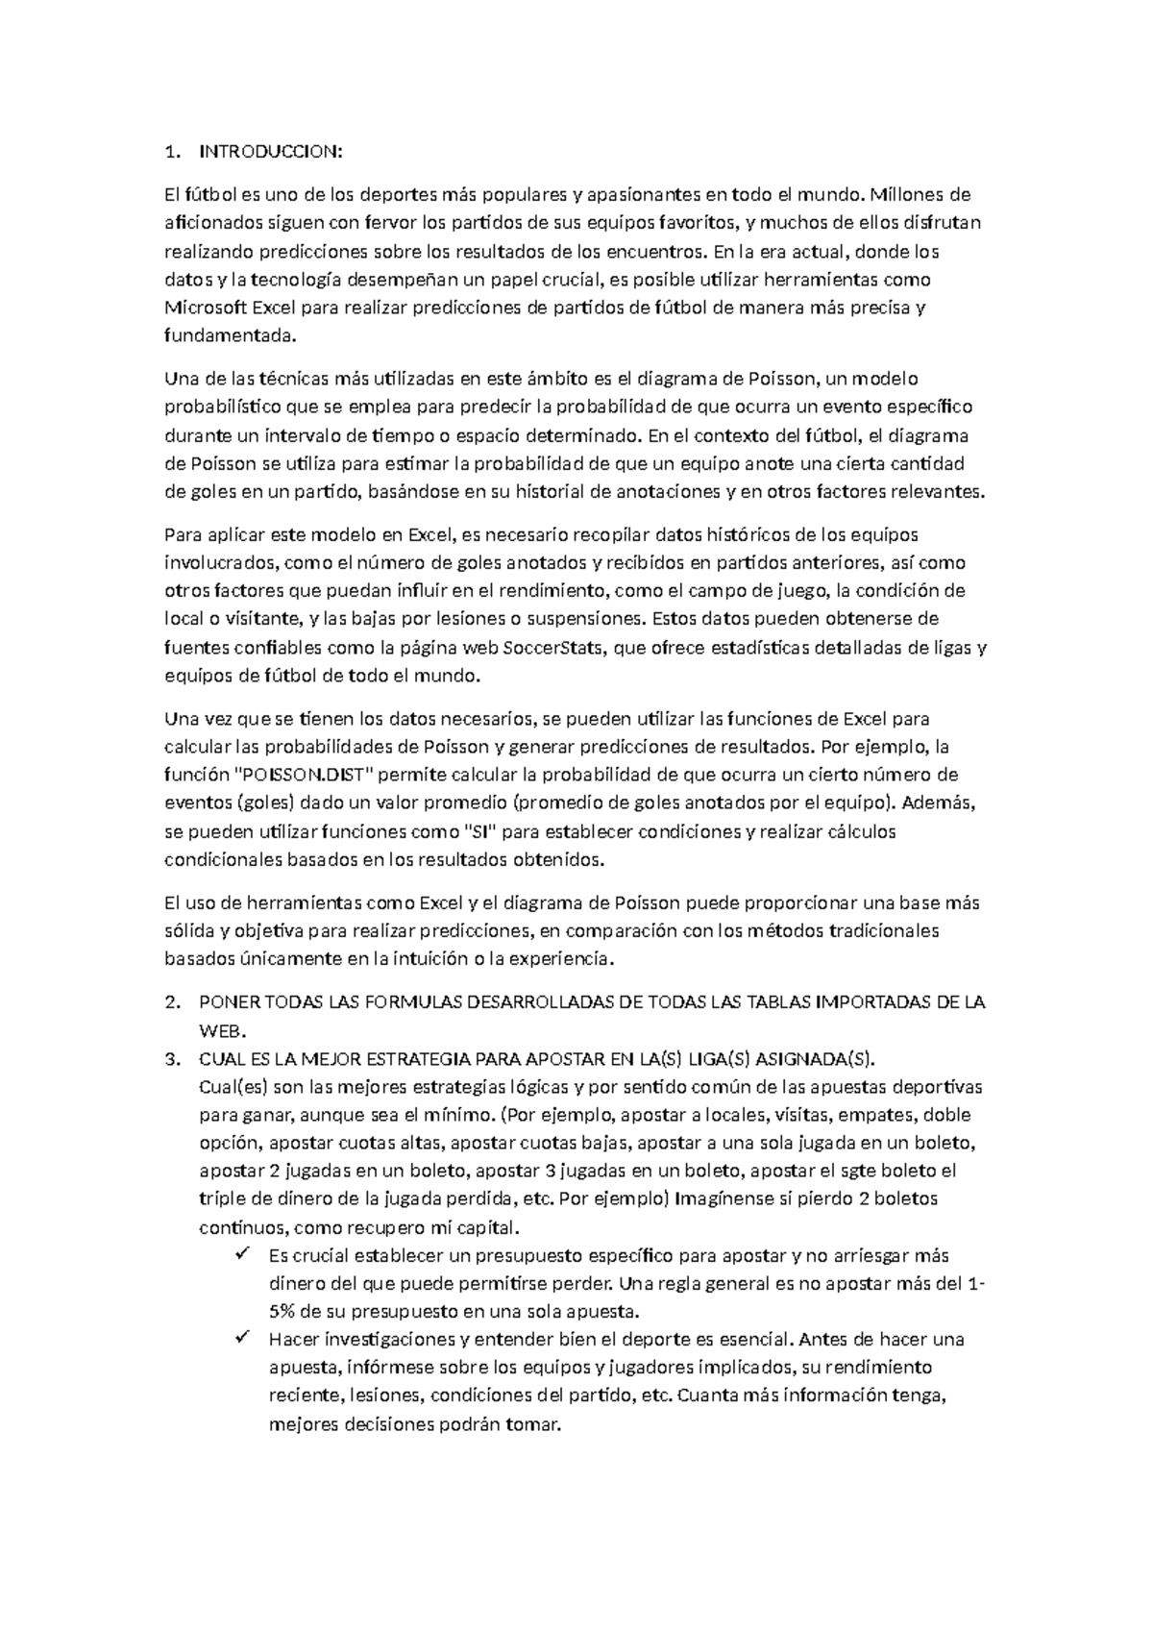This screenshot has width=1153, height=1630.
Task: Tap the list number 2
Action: click(171, 1002)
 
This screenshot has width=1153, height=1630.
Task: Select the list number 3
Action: click(171, 1059)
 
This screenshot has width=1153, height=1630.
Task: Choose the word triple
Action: click(218, 1198)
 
